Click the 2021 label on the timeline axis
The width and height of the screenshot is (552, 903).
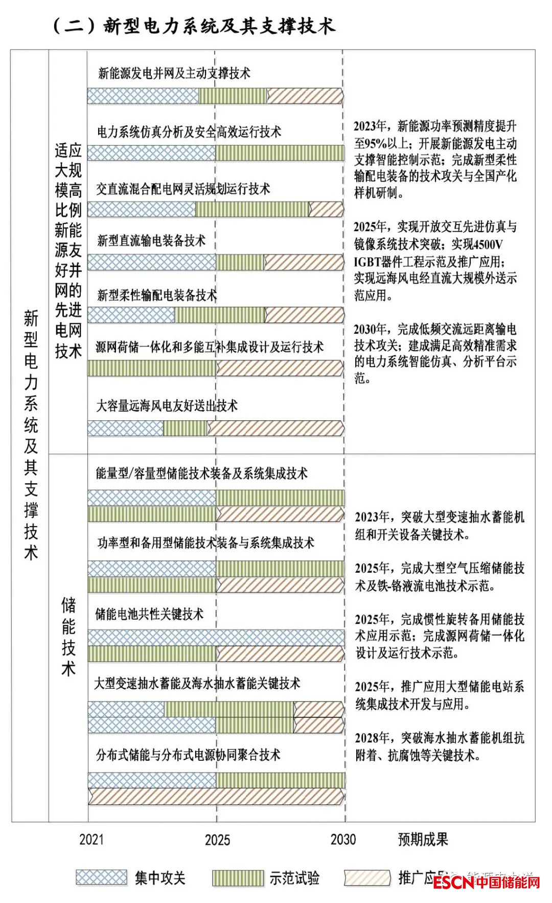click(91, 839)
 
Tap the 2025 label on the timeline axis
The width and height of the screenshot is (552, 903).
click(217, 840)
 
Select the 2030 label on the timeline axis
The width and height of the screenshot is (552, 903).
click(343, 839)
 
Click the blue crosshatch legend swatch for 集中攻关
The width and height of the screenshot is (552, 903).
click(101, 877)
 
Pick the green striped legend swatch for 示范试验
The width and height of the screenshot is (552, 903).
click(238, 878)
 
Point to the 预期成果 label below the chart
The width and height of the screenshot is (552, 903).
click(423, 839)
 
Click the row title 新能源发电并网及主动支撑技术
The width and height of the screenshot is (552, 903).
click(174, 74)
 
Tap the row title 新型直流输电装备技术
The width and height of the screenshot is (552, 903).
click(151, 240)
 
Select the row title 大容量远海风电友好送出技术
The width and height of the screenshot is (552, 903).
click(167, 406)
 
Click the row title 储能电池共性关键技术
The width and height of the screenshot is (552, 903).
click(149, 614)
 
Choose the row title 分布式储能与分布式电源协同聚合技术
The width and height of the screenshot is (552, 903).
click(188, 755)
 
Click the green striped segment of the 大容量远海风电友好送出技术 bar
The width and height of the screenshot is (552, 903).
click(185, 428)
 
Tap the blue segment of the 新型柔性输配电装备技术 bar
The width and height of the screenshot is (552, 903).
click(131, 314)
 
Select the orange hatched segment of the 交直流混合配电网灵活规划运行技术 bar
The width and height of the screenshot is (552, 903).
click(326, 209)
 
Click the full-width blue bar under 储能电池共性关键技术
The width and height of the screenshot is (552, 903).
click(216, 637)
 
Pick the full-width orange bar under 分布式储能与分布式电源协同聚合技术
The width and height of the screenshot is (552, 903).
click(216, 796)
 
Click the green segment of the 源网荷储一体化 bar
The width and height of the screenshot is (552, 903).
click(152, 368)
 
